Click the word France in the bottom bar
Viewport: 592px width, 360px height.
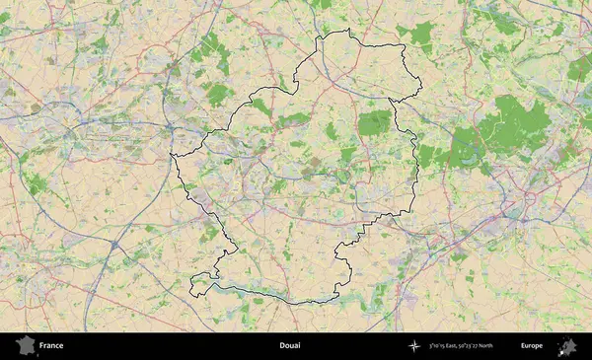pyautogui.click(x=50, y=346)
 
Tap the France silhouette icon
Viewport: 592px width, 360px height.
pyautogui.click(x=24, y=346)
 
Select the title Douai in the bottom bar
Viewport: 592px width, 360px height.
pyautogui.click(x=289, y=346)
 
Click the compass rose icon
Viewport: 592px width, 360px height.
pyautogui.click(x=414, y=346)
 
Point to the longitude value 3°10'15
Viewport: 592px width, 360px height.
pyautogui.click(x=440, y=346)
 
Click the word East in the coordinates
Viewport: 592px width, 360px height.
pyautogui.click(x=460, y=346)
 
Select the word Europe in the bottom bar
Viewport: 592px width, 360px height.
pyautogui.click(x=532, y=346)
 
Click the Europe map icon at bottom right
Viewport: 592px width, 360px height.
pyautogui.click(x=567, y=346)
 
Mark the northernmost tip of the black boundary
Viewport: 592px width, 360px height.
pyautogui.click(x=347, y=32)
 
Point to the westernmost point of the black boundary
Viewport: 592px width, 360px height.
pyautogui.click(x=171, y=155)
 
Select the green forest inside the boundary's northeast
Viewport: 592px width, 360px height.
pyautogui.click(x=374, y=122)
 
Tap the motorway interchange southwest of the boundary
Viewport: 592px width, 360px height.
pyautogui.click(x=116, y=243)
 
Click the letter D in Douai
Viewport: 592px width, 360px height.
pyautogui.click(x=280, y=346)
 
